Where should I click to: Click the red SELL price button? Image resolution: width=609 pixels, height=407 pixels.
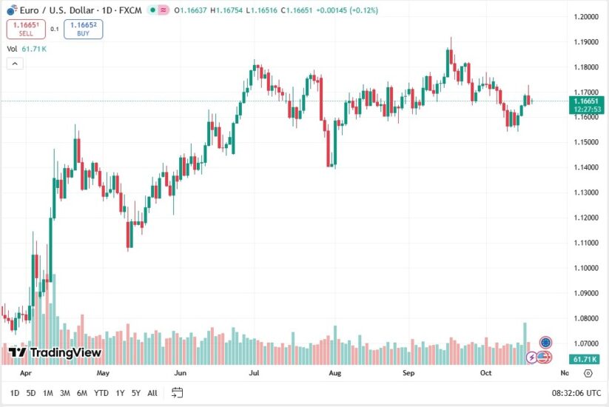26,29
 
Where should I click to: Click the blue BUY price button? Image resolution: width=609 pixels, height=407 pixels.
83,29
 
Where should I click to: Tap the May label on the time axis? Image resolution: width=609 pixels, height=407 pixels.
103,374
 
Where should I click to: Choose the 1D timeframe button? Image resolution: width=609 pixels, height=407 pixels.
15,393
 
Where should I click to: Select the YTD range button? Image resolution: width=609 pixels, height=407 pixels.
102,393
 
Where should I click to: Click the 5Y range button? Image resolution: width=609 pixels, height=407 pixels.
136,393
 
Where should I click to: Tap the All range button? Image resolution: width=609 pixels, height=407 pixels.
152,393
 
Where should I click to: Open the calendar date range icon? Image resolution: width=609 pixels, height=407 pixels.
178,393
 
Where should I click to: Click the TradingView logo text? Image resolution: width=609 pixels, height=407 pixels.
55,353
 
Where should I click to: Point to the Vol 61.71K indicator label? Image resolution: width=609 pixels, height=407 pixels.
27,49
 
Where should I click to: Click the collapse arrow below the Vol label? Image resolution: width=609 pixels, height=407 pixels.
15,64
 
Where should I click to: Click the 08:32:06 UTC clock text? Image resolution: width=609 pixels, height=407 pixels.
575,393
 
